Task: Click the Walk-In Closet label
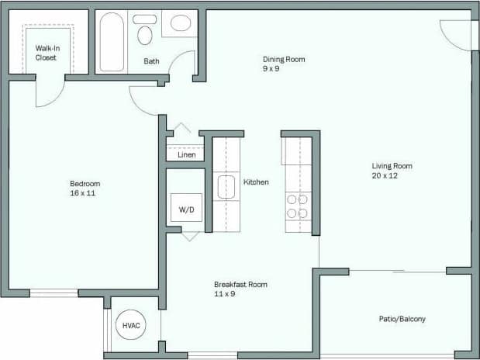pos(46,53)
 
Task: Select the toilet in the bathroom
pos(144,31)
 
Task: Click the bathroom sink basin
pos(181,22)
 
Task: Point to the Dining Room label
pos(284,59)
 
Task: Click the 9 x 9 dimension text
pos(271,69)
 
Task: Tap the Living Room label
pos(392,165)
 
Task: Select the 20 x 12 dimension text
pos(385,175)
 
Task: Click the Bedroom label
pos(85,184)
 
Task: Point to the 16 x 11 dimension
pos(82,193)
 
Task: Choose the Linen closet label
pos(186,154)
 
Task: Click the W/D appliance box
pos(186,209)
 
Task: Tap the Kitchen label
pos(256,182)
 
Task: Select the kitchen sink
pos(226,188)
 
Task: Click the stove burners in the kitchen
pos(298,206)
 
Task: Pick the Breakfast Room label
pos(240,285)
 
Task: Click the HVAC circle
pos(131,325)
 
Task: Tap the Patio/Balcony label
pos(402,319)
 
